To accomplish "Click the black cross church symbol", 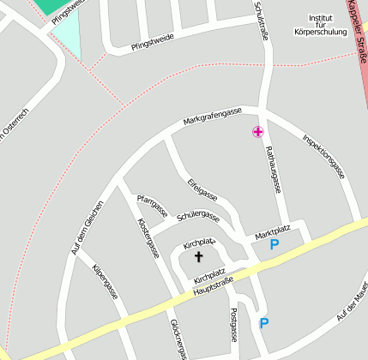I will (x=199, y=256).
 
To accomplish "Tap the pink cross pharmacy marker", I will (x=257, y=131).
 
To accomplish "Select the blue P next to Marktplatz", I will (x=274, y=244).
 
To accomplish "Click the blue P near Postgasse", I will (x=264, y=323).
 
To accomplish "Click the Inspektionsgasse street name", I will (x=324, y=155).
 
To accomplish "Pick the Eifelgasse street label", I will (x=202, y=194).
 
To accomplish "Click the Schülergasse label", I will (x=198, y=218).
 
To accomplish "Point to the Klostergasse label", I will (x=148, y=237).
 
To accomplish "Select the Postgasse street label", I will (x=233, y=327).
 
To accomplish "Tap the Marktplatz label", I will (x=274, y=231).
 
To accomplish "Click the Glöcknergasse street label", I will (x=178, y=339).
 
